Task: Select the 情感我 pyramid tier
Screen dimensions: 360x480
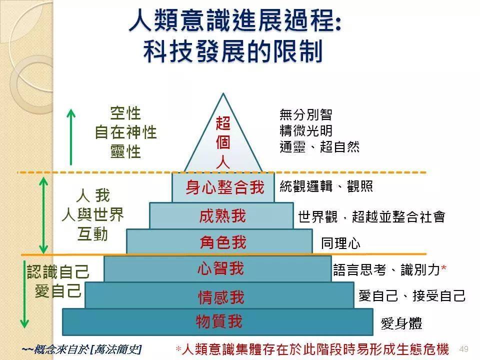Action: pyautogui.click(x=220, y=297)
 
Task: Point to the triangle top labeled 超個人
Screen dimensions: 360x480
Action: pyautogui.click(x=223, y=142)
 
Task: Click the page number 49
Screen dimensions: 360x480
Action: pyautogui.click(x=463, y=349)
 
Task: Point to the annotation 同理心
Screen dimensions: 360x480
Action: pyautogui.click(x=340, y=243)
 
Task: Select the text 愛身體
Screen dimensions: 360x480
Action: pyautogui.click(x=401, y=323)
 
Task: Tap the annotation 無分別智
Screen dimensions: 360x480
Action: pyautogui.click(x=305, y=114)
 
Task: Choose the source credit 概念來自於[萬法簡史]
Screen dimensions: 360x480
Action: pyautogui.click(x=81, y=348)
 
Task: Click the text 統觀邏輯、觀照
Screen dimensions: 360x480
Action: pyautogui.click(x=326, y=187)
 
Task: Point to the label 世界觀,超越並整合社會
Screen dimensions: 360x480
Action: pyautogui.click(x=371, y=216)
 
